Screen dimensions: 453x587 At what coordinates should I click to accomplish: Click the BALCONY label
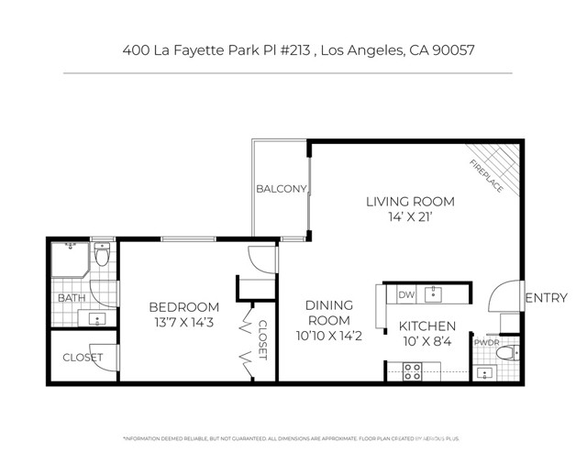pos(281,190)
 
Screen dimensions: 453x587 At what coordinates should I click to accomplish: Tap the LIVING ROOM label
pos(410,203)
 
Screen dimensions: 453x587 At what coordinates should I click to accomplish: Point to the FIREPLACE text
pos(486,174)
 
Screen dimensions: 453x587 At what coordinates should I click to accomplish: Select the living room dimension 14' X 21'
pos(410,220)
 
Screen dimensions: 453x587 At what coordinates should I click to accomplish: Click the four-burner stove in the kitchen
pos(413,371)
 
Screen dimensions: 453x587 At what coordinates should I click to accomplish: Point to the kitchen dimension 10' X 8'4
pos(426,342)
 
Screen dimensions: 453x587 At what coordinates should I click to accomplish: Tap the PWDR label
pos(485,342)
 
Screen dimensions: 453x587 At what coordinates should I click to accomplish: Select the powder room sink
pos(484,373)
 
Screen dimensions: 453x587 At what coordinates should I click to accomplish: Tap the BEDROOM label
pos(184,306)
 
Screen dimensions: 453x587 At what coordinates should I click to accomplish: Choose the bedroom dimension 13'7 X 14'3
pos(184,323)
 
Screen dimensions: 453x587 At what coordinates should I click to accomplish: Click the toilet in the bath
pos(102,254)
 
